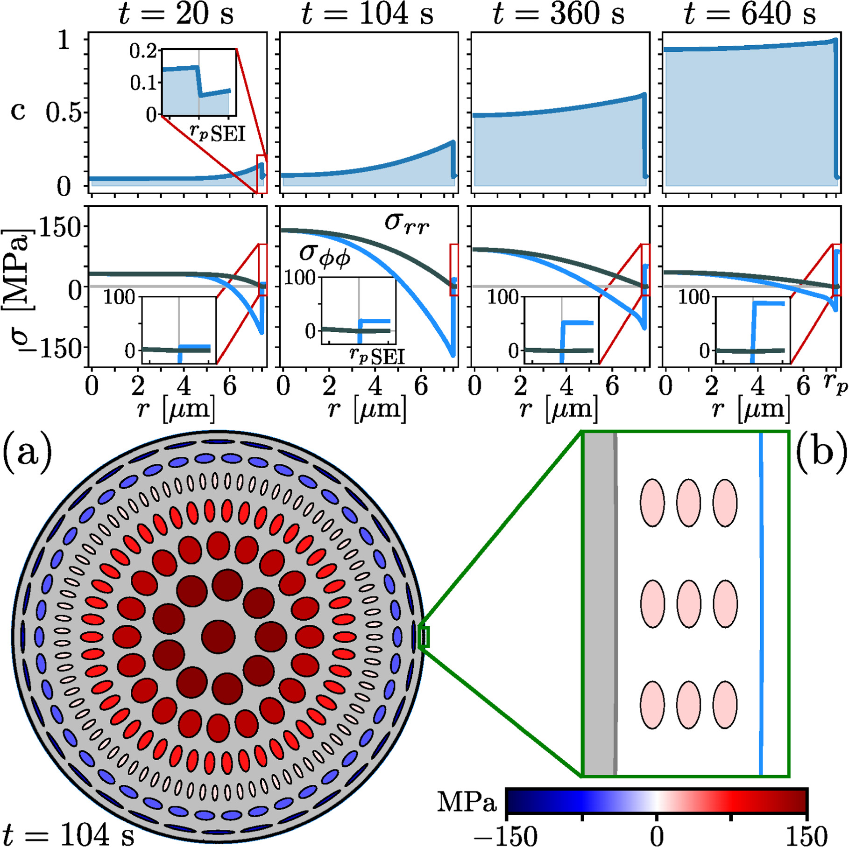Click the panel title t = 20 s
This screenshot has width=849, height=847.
176,14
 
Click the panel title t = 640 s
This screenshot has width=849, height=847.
750,14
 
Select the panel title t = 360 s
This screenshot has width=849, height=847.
559,14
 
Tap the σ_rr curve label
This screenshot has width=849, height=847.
406,222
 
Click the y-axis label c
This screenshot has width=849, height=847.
18,111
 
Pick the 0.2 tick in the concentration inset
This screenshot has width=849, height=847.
143,52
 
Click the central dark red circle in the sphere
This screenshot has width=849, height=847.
218,637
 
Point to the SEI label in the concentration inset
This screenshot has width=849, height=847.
228,135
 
